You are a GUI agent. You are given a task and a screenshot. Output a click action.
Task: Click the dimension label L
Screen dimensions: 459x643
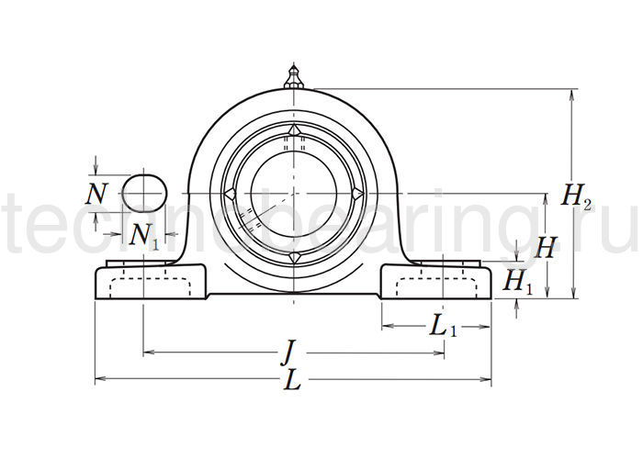[292, 383]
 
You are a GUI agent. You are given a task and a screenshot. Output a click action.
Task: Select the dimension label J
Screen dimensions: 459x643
[288, 352]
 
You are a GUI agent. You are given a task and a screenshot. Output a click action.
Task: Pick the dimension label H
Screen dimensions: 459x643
[547, 247]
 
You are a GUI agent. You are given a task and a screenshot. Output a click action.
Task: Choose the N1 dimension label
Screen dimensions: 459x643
[144, 236]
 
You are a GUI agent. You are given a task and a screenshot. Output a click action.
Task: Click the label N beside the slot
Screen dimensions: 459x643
[96, 194]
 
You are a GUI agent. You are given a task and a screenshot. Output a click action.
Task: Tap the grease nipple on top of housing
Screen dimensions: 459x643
[293, 76]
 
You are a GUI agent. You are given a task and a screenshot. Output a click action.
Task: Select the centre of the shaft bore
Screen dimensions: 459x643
[293, 194]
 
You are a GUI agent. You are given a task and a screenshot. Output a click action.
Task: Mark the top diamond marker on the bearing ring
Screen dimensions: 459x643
[293, 129]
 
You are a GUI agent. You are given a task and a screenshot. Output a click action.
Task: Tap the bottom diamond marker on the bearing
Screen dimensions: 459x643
[293, 259]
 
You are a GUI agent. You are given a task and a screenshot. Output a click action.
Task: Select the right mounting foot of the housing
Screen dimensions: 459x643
[436, 281]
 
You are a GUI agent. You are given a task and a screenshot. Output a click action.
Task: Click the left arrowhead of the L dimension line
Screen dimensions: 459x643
[99, 378]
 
